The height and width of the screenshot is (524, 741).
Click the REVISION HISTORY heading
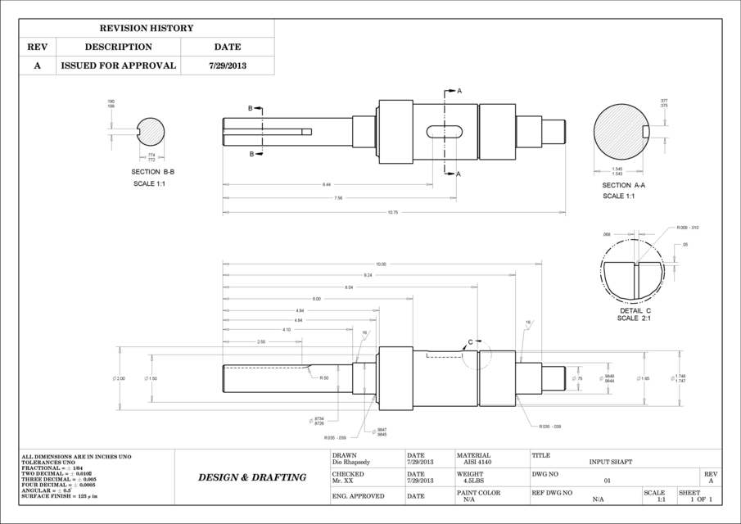point(147,29)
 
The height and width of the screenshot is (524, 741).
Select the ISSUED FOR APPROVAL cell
point(118,65)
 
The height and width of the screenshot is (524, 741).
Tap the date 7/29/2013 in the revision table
point(227,65)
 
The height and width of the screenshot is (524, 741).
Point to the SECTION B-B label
point(152,172)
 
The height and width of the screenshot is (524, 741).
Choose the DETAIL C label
point(635,311)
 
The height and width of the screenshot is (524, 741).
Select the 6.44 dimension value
point(327,184)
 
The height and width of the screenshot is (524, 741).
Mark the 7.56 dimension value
point(338,198)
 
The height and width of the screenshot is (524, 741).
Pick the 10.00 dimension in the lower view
point(381,264)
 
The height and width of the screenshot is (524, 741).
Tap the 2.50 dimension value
point(261,341)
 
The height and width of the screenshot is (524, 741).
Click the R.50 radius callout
point(324,377)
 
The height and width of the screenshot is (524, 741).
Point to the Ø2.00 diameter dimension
point(119,378)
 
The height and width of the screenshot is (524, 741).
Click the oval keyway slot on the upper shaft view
point(445,131)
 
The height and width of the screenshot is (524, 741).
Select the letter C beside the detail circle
point(469,341)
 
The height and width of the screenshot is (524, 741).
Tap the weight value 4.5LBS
point(474,481)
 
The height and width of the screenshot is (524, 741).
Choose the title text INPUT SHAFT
point(610,462)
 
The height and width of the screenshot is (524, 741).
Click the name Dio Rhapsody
point(351,462)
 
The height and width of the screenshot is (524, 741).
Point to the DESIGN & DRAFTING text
point(252,477)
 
